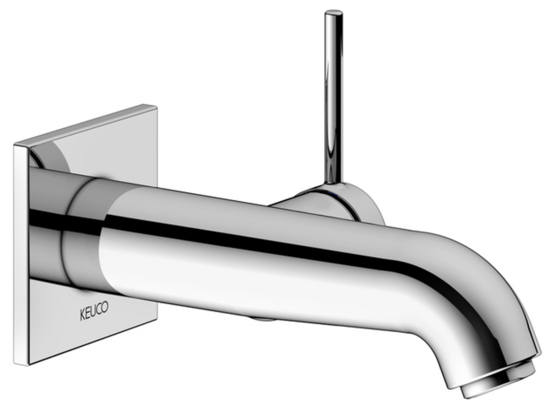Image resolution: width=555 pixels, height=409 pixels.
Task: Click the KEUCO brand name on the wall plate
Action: (94, 312)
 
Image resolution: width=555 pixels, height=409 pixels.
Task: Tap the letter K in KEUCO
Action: (82, 315)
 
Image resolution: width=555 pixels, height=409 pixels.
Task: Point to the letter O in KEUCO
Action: (106, 308)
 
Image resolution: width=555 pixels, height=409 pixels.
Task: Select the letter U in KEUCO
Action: (94, 312)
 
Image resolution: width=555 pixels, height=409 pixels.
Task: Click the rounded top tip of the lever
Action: (334, 13)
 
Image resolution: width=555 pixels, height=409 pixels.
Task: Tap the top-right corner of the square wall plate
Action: (156, 107)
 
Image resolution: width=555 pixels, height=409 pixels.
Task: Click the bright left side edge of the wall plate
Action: (21, 254)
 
